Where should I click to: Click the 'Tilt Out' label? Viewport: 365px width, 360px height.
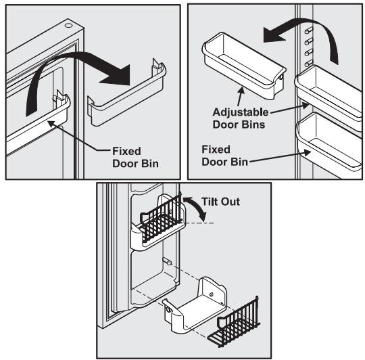(x=221, y=201)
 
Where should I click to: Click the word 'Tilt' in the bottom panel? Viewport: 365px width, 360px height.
(x=211, y=201)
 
